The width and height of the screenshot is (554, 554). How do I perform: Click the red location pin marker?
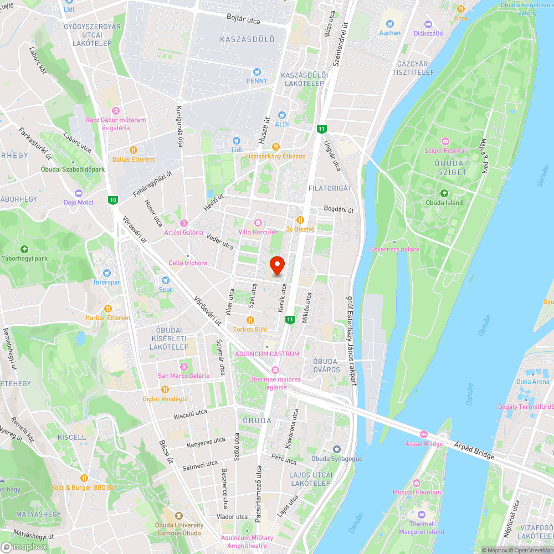(276, 265)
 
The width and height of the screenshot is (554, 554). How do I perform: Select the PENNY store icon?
(257, 72)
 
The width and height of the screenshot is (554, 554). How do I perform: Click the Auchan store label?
(389, 33)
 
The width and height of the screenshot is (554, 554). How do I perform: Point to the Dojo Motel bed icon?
(78, 193)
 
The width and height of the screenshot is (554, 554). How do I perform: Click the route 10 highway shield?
(113, 200)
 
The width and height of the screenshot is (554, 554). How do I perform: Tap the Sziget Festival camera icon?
(445, 142)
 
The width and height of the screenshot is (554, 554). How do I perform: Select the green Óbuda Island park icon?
(444, 193)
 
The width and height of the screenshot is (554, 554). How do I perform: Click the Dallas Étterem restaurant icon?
(133, 150)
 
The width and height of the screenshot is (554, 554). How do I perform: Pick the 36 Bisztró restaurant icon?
(300, 220)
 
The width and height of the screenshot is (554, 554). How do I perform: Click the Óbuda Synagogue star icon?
(336, 449)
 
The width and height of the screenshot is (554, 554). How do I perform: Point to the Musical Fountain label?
(417, 492)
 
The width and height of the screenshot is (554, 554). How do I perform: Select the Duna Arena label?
(532, 381)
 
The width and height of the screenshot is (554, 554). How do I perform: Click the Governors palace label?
(394, 249)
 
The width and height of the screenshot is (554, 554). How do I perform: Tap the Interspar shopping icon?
(107, 273)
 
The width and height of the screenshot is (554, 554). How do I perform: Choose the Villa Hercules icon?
(258, 223)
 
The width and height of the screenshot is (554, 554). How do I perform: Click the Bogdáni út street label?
(339, 209)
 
